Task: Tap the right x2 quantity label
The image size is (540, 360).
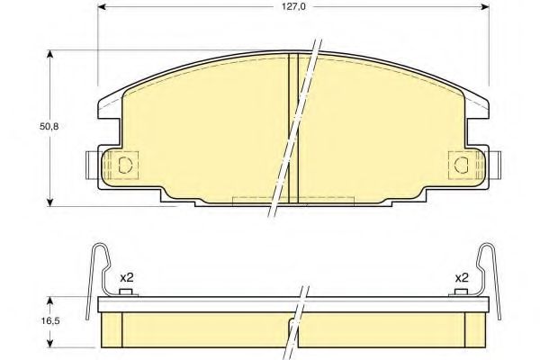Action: [461, 278]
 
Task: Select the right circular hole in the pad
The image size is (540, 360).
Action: [462, 164]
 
